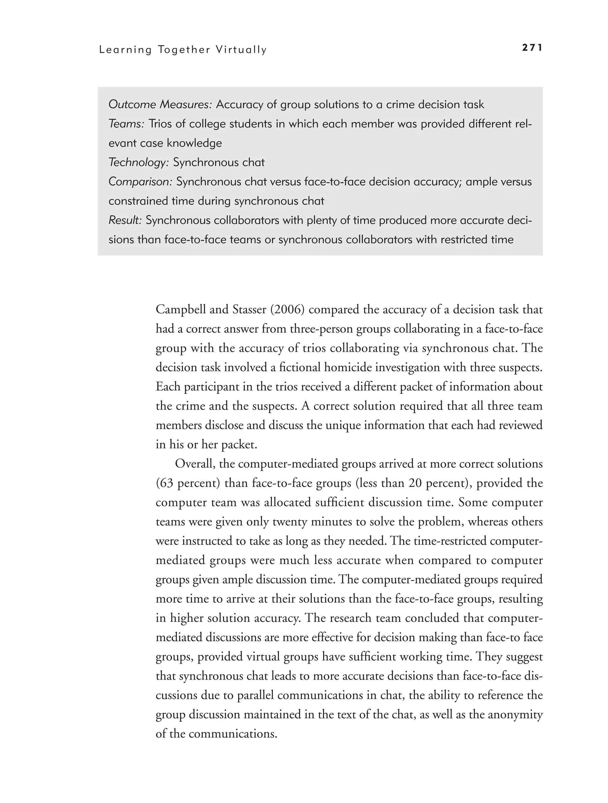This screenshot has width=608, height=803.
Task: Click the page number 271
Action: [532, 48]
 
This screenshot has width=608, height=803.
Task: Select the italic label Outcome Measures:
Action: [160, 104]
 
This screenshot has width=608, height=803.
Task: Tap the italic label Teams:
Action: [126, 124]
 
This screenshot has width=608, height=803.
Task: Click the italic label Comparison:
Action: [140, 182]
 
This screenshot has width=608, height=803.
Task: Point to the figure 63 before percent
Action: [166, 483]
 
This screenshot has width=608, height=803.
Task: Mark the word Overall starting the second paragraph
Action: [194, 464]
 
